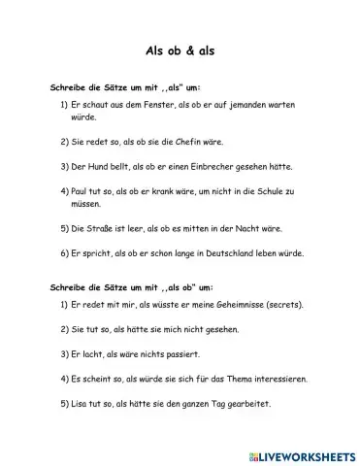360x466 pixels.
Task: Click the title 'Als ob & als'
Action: pos(180,51)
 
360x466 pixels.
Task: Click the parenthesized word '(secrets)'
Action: pos(280,304)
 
